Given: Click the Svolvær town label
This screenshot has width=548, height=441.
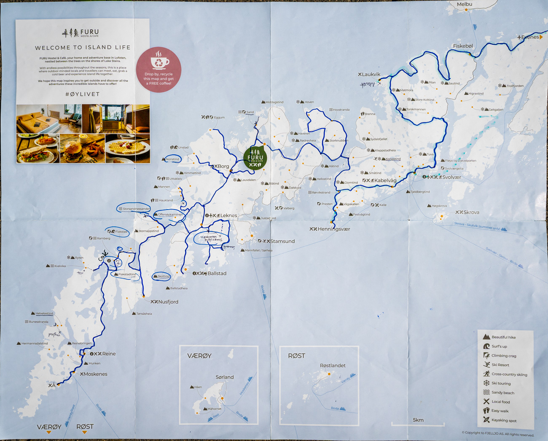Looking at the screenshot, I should (451, 177).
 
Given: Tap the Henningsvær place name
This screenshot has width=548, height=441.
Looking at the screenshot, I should (334, 229).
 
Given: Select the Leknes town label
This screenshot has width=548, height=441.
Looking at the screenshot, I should (228, 215).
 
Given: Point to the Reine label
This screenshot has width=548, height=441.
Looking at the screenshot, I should (109, 354).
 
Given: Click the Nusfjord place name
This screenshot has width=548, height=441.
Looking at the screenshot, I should (168, 302).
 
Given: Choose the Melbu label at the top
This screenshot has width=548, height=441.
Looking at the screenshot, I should (465, 4).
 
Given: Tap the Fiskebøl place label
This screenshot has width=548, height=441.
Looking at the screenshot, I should (463, 46).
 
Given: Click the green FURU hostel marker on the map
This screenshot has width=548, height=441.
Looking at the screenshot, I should (255, 158).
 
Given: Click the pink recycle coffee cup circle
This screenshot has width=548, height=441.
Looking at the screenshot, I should (158, 70).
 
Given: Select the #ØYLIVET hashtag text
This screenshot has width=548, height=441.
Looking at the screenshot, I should (83, 94).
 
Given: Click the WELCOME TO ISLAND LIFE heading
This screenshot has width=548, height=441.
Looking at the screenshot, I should (83, 48).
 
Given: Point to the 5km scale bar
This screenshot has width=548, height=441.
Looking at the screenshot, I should (418, 423).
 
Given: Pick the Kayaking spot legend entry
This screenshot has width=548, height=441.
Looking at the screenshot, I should (504, 420).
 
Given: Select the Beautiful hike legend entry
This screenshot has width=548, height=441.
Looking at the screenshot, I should (503, 337).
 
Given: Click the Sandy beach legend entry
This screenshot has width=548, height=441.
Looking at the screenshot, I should (502, 393).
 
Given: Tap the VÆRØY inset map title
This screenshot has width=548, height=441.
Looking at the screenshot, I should (199, 356).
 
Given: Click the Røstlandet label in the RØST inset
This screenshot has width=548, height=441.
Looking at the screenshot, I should (333, 366).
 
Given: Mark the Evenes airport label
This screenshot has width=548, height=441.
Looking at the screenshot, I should (530, 37).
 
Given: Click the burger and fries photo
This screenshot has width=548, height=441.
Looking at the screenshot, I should (82, 148).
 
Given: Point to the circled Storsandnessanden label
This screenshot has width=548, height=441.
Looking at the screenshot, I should (136, 209).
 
